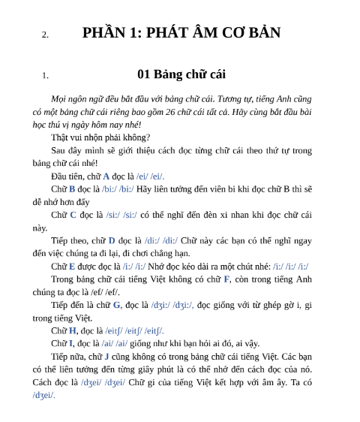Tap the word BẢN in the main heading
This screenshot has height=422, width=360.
pos(260,33)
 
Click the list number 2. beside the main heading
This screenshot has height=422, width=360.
pos(45,35)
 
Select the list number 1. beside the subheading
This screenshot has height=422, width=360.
pos(45,75)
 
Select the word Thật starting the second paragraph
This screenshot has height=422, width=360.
pos(60,137)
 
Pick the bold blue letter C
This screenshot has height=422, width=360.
pos(73,215)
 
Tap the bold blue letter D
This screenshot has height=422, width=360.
pos(111,240)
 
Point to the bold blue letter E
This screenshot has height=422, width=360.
pos(73,267)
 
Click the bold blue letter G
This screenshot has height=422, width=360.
pos(116,305)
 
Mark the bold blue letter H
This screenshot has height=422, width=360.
pos(73,330)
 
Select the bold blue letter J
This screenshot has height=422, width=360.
pos(106,357)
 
